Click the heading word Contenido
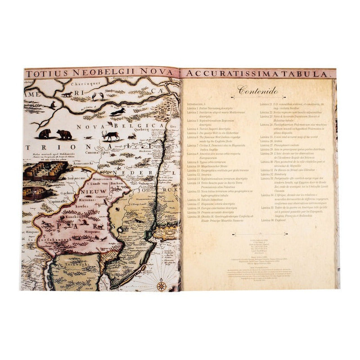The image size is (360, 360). click(x=258, y=91)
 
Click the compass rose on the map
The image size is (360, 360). click(x=162, y=284)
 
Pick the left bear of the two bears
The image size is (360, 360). click(x=45, y=133)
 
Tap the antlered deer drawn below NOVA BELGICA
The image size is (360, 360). click(x=111, y=135)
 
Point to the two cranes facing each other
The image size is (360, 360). click(x=98, y=96)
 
